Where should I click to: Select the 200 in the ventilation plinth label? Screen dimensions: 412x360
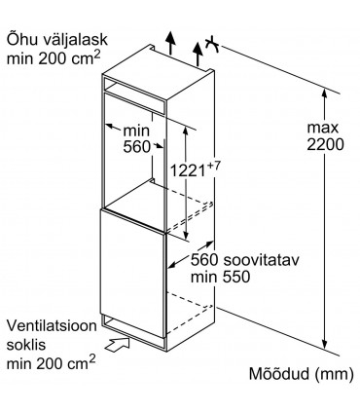click(x=55, y=362)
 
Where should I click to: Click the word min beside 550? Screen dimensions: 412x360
click(x=204, y=280)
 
